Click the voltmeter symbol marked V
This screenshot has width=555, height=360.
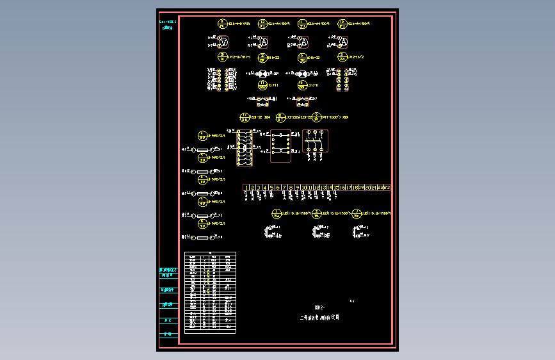pos(223,42)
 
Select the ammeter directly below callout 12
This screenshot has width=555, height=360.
pos(262,42)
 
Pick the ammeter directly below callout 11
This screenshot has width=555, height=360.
pos(302,42)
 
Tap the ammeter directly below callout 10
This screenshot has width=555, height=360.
pos(342,42)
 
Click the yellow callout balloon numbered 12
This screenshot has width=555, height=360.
pos(262,24)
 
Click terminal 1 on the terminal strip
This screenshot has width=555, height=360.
pos(246,188)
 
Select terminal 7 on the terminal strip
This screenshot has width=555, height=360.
pos(284,188)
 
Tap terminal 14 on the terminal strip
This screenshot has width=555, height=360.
pos(329,188)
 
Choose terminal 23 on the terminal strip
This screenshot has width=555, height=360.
pos(387,188)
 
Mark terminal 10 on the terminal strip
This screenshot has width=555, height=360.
pos(303,188)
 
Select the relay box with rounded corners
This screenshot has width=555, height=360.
pos(280,146)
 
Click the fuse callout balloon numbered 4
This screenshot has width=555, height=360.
pos(203,135)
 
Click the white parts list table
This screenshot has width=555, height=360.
pos(210,292)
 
